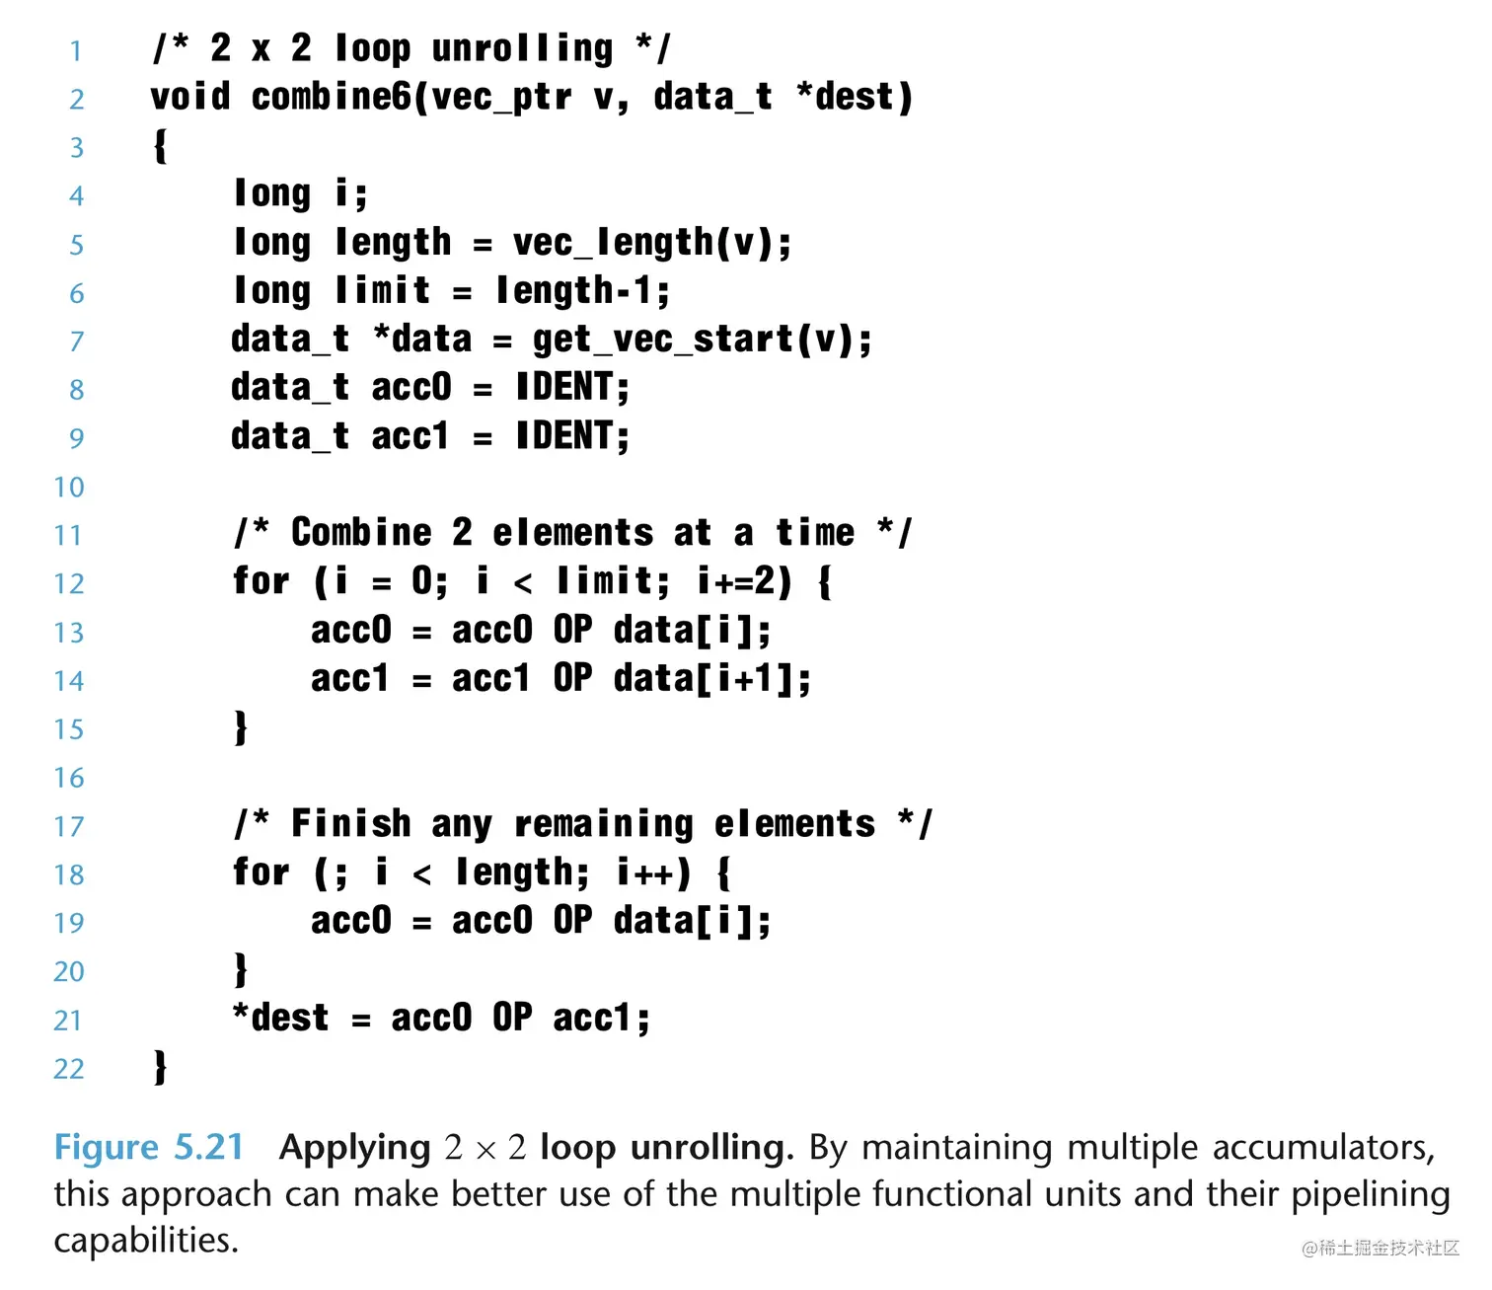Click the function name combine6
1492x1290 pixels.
click(x=330, y=98)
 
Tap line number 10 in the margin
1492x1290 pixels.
click(x=69, y=487)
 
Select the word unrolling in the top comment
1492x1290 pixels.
click(x=522, y=48)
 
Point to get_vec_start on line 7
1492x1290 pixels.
click(x=662, y=340)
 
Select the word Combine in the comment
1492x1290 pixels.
click(x=361, y=533)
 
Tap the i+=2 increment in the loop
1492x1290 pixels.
click(x=743, y=581)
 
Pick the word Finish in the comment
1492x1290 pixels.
click(x=350, y=824)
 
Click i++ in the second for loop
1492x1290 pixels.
click(x=651, y=873)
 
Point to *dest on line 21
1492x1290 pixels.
click(x=280, y=1018)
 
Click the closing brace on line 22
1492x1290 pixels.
click(x=160, y=1067)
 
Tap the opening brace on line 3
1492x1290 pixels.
click(x=160, y=146)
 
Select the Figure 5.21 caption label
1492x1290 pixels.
click(x=148, y=1147)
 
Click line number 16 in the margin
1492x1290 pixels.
click(x=69, y=778)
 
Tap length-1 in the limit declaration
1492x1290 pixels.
click(x=581, y=291)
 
